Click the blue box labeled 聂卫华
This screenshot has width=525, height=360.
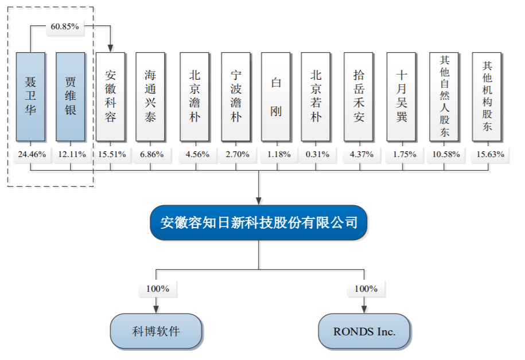pyautogui.click(x=30, y=96)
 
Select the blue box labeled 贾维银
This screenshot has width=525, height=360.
pyautogui.click(x=71, y=96)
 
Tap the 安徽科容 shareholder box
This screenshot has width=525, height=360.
pyautogui.click(x=111, y=96)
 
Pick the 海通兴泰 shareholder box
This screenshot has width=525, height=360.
pyautogui.click(x=150, y=96)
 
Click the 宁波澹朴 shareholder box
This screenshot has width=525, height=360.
pyautogui.click(x=236, y=96)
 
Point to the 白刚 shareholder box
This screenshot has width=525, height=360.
pyautogui.click(x=276, y=96)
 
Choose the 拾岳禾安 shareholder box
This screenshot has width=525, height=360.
pyautogui.click(x=359, y=96)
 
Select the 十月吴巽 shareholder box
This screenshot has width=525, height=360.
pyautogui.click(x=402, y=96)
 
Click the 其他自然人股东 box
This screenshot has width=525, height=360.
pyautogui.click(x=445, y=96)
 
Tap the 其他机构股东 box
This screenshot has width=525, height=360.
pyautogui.click(x=487, y=96)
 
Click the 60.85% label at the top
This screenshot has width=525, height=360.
pyautogui.click(x=65, y=27)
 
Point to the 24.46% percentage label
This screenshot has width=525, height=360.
pyautogui.click(x=30, y=154)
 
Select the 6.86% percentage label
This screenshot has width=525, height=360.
pyautogui.click(x=150, y=154)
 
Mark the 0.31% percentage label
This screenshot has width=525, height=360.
pyautogui.click(x=316, y=154)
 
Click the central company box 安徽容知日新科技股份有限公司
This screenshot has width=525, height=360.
pyautogui.click(x=259, y=222)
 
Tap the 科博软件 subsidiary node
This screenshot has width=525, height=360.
pyautogui.click(x=156, y=331)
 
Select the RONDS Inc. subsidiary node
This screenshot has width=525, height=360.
pyautogui.click(x=364, y=331)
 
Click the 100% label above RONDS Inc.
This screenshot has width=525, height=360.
pyautogui.click(x=365, y=289)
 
